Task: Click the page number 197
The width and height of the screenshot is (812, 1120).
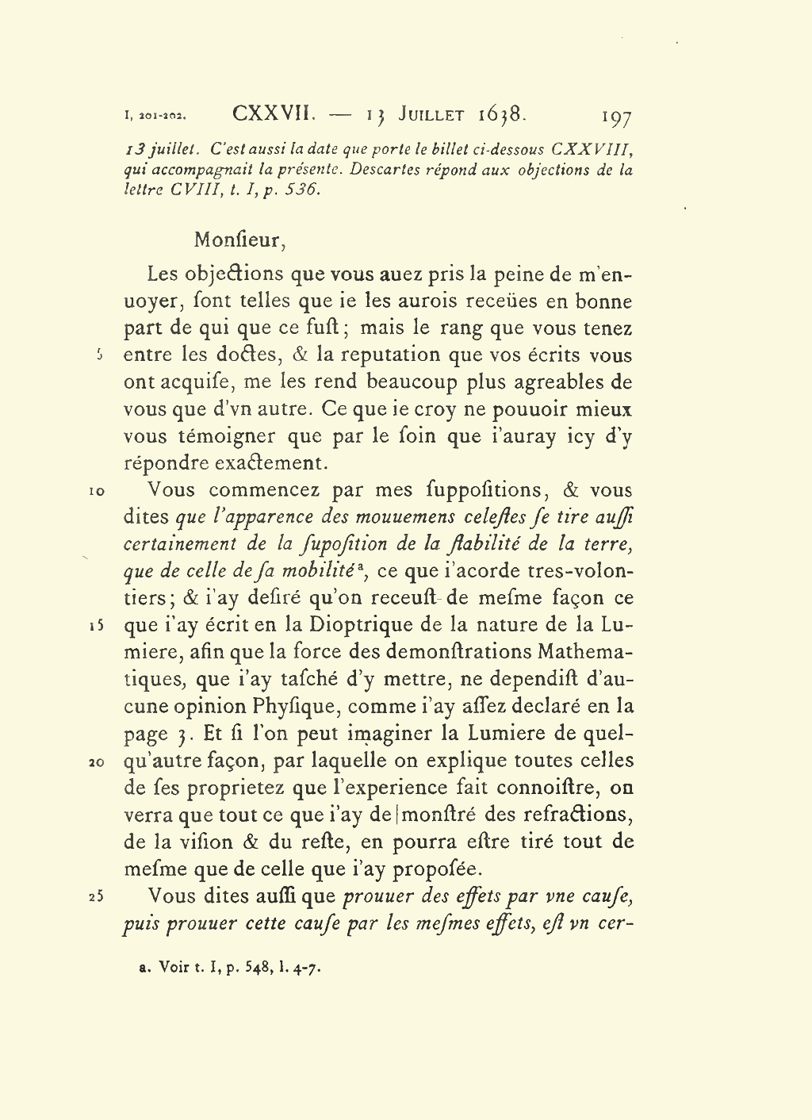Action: [x=616, y=117]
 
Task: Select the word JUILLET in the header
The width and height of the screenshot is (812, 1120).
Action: [x=431, y=114]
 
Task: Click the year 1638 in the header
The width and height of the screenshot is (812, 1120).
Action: [x=501, y=114]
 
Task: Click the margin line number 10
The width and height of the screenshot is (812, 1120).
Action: [x=96, y=492]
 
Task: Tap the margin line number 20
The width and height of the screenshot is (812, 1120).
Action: [x=95, y=762]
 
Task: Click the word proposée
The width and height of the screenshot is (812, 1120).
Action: [x=438, y=869]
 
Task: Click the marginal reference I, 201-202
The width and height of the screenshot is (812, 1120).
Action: [x=155, y=117]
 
